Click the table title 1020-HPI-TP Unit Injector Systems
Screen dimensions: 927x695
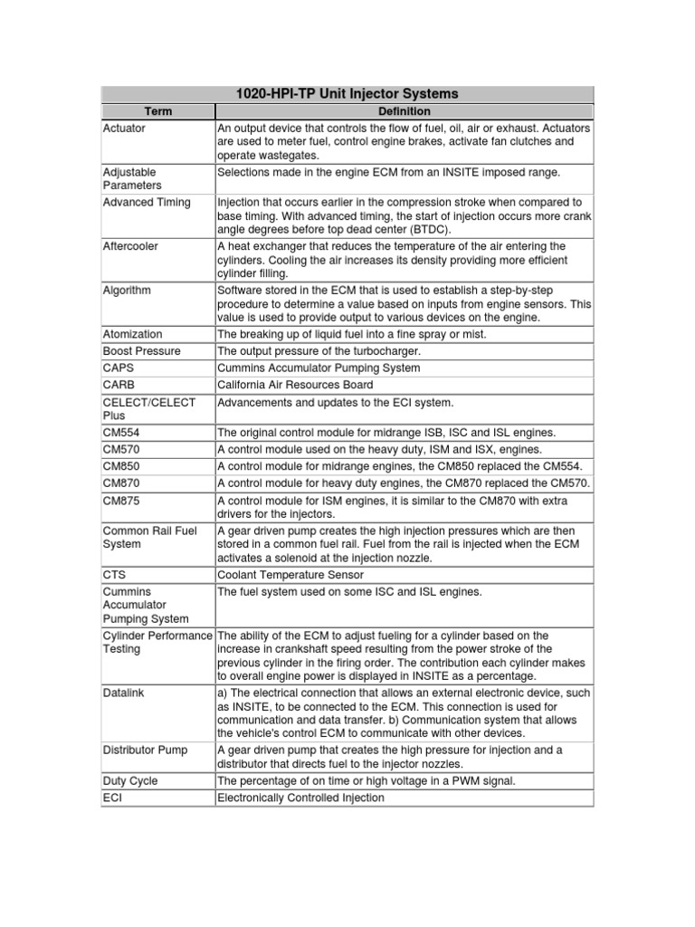[347, 93]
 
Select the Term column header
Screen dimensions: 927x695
[157, 111]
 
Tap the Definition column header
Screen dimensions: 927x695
[404, 111]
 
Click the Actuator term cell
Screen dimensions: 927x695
[124, 129]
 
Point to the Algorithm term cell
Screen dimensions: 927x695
[128, 291]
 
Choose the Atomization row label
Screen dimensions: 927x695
[133, 334]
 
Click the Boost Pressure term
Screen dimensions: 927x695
[141, 351]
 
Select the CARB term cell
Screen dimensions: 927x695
[119, 385]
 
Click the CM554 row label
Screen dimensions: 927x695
[122, 432]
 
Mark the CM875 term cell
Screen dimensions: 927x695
[122, 500]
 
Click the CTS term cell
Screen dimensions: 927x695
[115, 575]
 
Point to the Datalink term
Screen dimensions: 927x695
[125, 693]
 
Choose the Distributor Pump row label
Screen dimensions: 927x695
[146, 750]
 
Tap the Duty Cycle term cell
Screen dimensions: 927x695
[131, 779]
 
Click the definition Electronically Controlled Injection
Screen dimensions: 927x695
[300, 798]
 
